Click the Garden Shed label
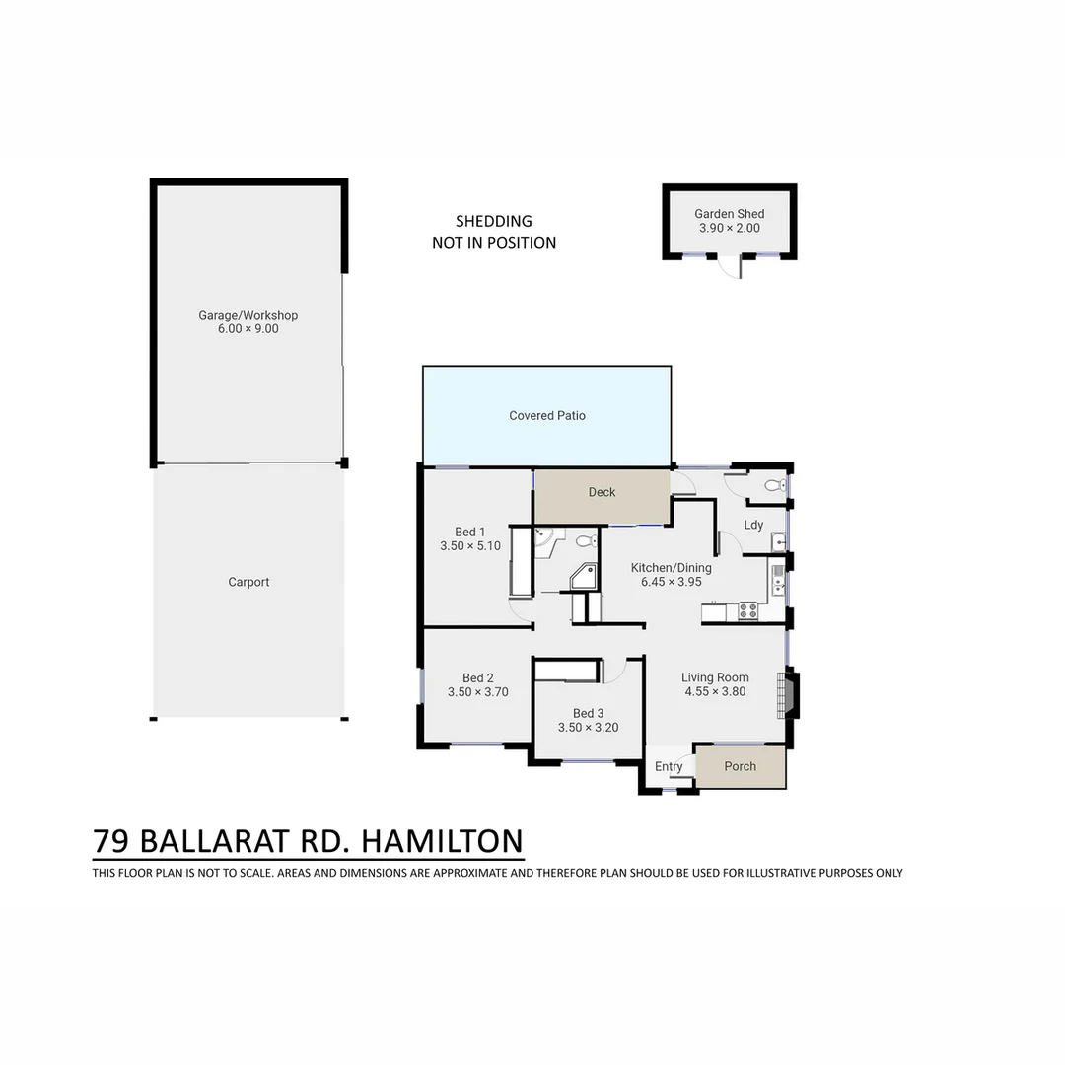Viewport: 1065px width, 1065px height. click(729, 214)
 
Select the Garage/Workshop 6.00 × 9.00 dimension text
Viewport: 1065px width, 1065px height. click(248, 329)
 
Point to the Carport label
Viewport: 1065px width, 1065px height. click(248, 582)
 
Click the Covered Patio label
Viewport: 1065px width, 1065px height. click(547, 416)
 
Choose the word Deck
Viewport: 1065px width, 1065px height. click(602, 492)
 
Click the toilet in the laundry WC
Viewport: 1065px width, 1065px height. click(775, 485)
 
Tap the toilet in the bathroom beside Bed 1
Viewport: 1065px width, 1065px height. click(584, 540)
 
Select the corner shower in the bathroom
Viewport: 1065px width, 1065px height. click(586, 577)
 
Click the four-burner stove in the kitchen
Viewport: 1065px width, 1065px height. click(748, 612)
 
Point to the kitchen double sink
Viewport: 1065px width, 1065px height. click(777, 580)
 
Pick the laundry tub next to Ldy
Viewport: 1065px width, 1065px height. click(778, 540)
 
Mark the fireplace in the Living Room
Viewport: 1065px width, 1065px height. click(788, 694)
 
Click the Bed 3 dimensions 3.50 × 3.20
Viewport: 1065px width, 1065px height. click(588, 728)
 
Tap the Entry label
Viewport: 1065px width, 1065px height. click(669, 767)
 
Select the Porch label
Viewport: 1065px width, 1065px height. click(741, 766)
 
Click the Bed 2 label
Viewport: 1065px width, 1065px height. click(478, 677)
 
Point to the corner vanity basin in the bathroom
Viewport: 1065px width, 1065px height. click(543, 538)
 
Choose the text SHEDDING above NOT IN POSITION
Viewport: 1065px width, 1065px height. click(493, 221)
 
